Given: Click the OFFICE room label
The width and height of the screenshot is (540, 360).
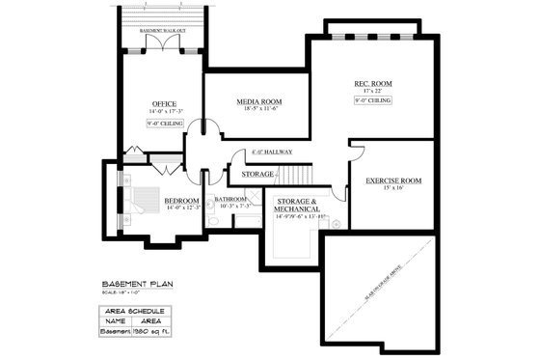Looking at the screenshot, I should point(164,103).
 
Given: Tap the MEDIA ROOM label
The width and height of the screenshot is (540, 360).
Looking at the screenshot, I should point(258,101).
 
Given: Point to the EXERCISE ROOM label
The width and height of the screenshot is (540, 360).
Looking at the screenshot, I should point(394,180).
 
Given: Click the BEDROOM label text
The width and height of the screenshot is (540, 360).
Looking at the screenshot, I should point(182,200).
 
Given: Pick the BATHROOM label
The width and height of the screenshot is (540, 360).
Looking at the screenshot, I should point(235,199).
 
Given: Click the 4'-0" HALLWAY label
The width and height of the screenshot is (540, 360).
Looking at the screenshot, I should point(271,153).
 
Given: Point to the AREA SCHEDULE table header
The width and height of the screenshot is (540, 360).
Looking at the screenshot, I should point(133,311).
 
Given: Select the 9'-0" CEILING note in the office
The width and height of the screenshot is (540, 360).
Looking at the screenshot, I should point(165,124).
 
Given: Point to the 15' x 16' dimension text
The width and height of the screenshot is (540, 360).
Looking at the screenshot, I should point(393,189).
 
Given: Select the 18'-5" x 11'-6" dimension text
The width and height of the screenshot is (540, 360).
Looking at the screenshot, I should point(258,109).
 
